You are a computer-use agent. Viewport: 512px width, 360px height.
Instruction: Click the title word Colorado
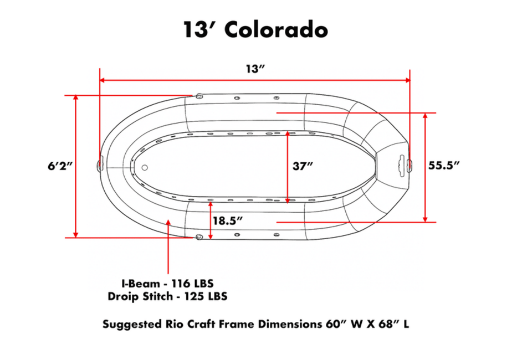click(276, 30)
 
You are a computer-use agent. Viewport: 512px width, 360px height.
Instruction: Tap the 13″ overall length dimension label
click(255, 69)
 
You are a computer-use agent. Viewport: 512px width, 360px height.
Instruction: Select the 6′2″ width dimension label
click(60, 166)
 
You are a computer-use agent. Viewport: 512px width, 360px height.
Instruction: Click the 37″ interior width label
click(303, 166)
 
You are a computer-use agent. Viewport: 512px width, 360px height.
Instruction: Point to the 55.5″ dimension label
click(444, 165)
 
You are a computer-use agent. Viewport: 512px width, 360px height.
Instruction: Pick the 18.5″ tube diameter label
click(228, 220)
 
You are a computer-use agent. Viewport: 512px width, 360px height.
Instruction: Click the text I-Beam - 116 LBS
click(167, 283)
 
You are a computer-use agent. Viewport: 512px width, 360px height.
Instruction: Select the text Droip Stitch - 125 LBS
click(167, 296)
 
